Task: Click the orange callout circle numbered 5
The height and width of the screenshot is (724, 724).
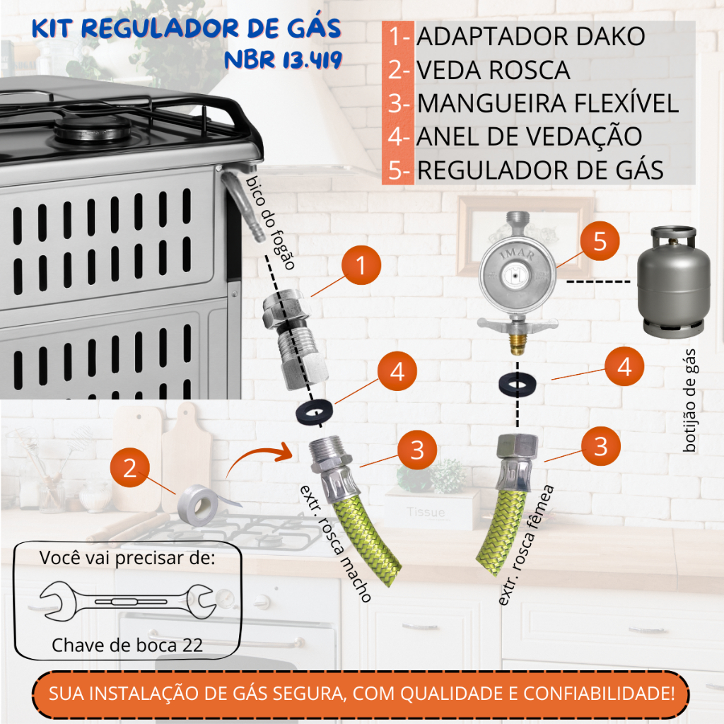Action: pos(600,241)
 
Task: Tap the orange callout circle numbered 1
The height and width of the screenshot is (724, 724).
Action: pos(361,265)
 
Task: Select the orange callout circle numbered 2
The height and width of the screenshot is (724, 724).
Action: pos(130,468)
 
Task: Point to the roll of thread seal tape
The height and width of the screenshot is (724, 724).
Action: pos(199,505)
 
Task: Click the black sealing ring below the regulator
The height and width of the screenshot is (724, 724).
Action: pos(517,384)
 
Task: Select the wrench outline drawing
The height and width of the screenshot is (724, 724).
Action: pos(128,601)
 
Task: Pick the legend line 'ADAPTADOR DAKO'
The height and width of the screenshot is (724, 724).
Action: pos(530,37)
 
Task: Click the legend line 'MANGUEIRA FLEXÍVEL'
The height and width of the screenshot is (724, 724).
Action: pos(548,103)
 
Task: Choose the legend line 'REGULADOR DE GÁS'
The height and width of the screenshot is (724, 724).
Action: pos(540,170)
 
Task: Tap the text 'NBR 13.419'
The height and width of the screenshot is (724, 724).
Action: pos(283,60)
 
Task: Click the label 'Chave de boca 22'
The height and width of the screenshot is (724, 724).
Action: pos(127,645)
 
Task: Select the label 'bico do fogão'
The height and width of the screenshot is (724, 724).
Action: pos(270,223)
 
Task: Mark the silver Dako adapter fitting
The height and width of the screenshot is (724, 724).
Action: pos(295,338)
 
